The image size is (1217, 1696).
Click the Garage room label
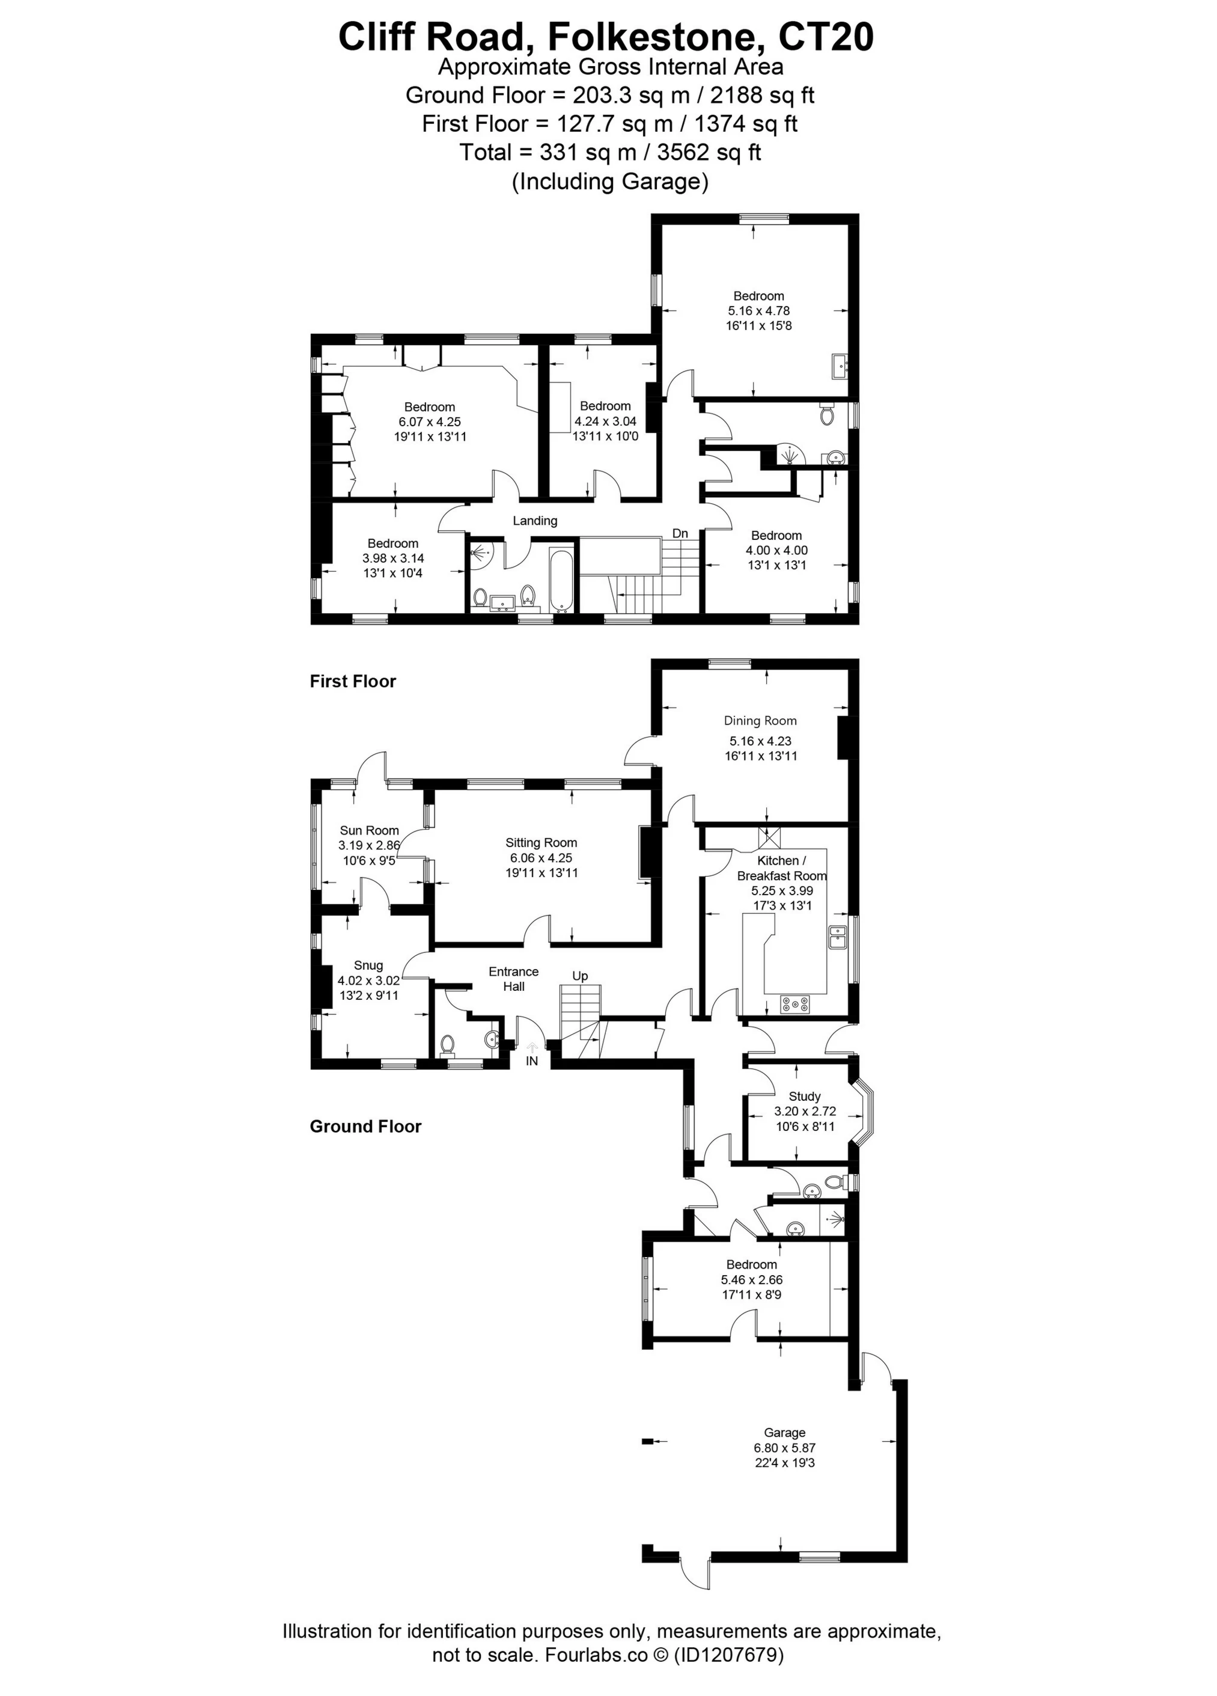pos(784,1433)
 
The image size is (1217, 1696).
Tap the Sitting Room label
pos(540,843)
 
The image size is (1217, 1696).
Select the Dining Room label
pos(760,721)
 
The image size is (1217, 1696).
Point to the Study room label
pos(804,1096)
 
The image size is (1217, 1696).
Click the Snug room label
pos(368,966)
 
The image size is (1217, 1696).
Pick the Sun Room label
pos(369,830)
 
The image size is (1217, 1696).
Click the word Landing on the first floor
pos(534,521)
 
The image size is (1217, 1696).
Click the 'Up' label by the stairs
pos(580,976)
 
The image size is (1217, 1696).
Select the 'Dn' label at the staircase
pos(680,533)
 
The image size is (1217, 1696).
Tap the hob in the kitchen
pos(795,1004)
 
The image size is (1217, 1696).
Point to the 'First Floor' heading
pos(353,681)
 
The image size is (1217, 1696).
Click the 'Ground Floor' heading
pos(365,1126)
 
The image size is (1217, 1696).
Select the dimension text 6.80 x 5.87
pos(784,1448)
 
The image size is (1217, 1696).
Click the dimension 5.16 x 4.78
pos(758,311)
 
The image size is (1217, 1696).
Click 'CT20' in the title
pos(825,37)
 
